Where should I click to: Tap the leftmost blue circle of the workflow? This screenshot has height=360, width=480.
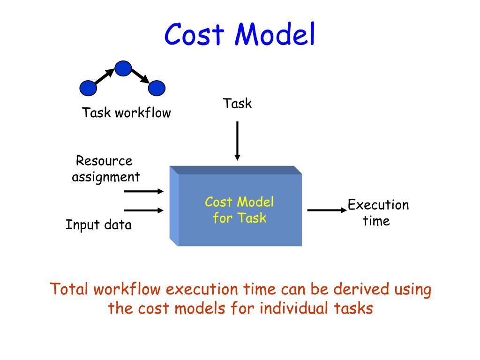88,88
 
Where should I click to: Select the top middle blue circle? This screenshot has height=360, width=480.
123,68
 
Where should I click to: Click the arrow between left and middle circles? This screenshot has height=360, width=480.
105,77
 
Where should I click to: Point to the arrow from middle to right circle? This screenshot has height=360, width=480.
140,76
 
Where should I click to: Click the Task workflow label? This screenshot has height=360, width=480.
127,113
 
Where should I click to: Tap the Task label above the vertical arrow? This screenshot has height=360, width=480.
237,103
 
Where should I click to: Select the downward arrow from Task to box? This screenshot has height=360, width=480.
237,141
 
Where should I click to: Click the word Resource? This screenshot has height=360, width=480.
104,161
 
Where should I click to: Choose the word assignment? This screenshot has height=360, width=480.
106,177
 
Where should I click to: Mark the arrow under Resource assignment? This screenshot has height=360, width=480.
143,191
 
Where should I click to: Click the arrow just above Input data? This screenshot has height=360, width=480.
143,210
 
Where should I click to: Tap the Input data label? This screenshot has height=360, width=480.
98,225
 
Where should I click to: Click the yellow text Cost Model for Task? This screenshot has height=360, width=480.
239,210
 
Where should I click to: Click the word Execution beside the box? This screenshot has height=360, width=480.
378,205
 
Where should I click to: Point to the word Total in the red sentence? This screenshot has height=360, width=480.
69,289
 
